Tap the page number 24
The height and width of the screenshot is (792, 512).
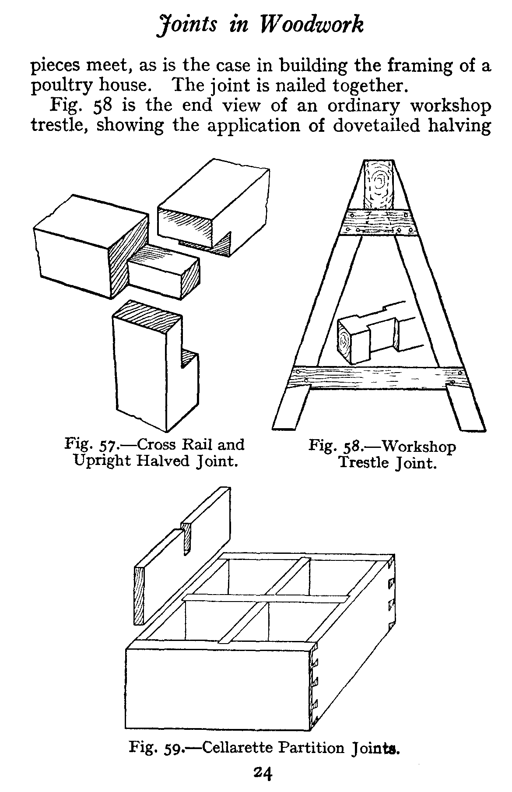(x=263, y=773)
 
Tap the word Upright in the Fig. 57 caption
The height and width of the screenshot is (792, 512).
(x=102, y=461)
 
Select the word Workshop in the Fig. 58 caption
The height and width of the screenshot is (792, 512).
(x=419, y=447)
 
